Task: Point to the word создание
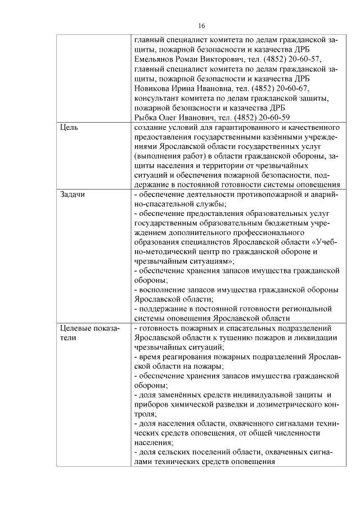[x=153, y=128]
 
